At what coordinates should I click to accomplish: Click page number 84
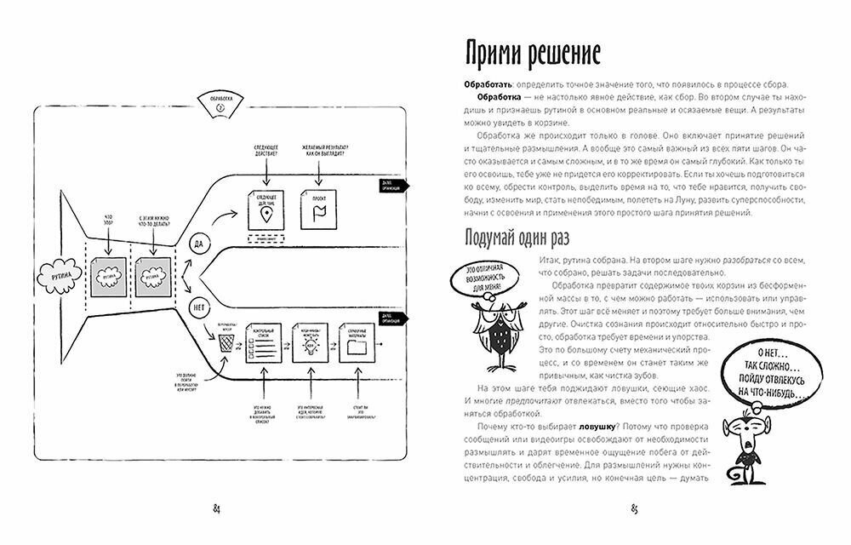click(217, 509)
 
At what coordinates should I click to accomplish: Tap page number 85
click(634, 509)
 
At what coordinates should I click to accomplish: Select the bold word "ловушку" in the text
click(578, 423)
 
